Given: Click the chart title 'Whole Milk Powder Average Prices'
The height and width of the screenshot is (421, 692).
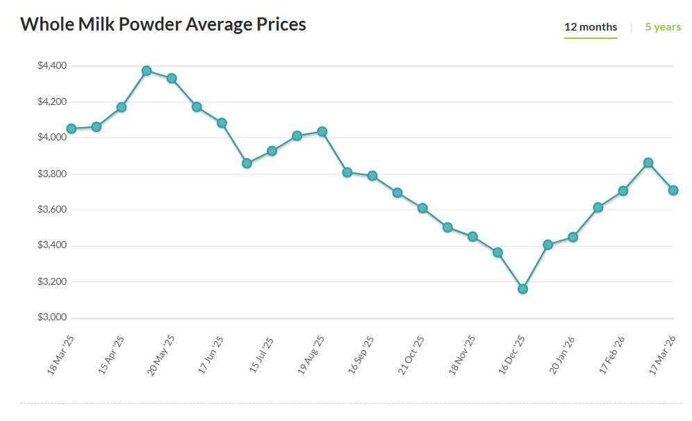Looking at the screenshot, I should coord(163,24).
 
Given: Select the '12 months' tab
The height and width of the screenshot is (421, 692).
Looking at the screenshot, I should coord(591,27).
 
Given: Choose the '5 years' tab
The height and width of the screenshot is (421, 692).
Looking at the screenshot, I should coord(663,27).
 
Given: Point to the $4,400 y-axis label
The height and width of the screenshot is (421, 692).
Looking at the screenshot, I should coord(52,66).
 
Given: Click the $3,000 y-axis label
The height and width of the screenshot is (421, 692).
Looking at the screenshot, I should coord(52,317).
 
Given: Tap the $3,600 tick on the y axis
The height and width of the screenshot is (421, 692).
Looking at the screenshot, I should coord(52,210).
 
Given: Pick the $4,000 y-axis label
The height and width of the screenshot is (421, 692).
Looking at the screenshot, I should coord(52,138).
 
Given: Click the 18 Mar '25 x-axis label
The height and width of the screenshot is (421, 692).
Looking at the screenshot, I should coord(60,354).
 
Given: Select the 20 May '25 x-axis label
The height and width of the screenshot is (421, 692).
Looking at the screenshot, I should coord(161,355).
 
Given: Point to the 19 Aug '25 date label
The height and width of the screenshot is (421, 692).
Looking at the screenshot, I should coord(311,355).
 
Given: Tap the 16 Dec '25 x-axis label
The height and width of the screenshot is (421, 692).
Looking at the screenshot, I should coord(512,355).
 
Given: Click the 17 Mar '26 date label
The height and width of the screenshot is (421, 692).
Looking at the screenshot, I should coord(663,354).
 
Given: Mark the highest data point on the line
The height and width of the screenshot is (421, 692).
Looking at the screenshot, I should coord(147,71).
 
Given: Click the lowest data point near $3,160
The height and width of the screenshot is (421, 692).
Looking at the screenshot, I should coord(522,288).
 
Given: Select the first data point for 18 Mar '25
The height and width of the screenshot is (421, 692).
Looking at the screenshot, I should coord(71,129).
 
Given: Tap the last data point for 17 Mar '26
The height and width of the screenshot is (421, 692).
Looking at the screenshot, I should coord(673,190).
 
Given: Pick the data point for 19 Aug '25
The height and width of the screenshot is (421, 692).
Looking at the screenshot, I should coord(322,131).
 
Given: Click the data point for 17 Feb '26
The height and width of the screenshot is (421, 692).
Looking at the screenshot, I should coord(623,190).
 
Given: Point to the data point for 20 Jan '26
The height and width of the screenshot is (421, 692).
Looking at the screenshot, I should coord(572,237).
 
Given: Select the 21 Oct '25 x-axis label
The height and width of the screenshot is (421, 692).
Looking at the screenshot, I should coord(411,355).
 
